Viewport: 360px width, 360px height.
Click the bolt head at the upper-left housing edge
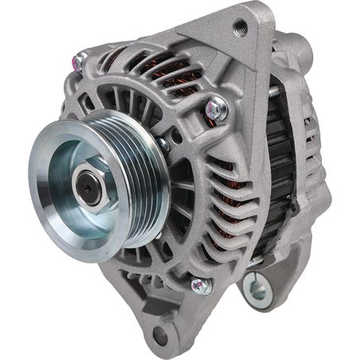coord(80,58)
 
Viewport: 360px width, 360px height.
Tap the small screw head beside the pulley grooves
coord(164,144)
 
